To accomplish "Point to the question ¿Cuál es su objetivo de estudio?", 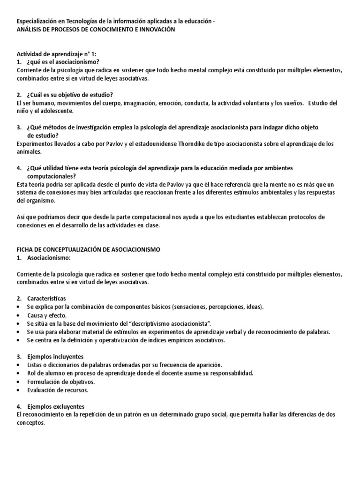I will click(x=70, y=95).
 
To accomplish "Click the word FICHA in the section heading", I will click(x=25, y=250).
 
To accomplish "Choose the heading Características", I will click(x=46, y=298).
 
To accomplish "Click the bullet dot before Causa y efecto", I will click(x=18, y=315).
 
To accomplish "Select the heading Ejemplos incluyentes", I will click(x=55, y=357).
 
